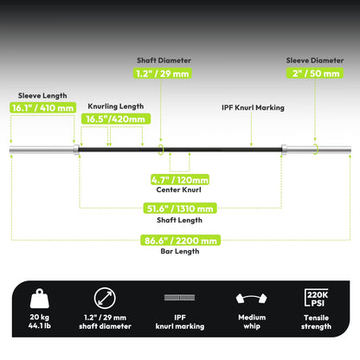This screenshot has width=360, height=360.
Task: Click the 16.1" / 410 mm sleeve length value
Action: pos(42,108)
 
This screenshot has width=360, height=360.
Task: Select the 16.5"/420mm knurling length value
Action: pos(116,119)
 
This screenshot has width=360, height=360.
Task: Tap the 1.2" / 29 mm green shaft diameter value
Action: pos(163,74)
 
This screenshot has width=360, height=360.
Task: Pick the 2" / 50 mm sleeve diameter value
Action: pos(315,73)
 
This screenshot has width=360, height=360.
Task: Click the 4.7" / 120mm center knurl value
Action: pos(180,180)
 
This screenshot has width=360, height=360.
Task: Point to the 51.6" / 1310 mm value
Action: pos(180,209)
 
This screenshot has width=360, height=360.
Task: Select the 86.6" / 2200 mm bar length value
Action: pos(180,241)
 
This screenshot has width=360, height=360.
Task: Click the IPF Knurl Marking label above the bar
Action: pos(253,107)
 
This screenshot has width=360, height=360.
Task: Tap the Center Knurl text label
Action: pos(179,190)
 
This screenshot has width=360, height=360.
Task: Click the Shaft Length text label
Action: pos(179,220)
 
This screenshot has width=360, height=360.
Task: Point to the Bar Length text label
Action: pos(180,251)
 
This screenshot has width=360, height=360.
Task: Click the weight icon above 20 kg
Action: pos(40,299)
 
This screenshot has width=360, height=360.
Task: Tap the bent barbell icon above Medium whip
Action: pos(252,299)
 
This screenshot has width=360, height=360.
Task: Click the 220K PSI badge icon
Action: pos(317,298)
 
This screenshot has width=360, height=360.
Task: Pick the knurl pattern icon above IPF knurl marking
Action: pos(179,298)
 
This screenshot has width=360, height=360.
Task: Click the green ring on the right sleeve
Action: pos(317,149)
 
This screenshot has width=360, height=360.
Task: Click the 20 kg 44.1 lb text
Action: pos(40,321)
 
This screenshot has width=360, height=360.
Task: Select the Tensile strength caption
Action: pos(316,322)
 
